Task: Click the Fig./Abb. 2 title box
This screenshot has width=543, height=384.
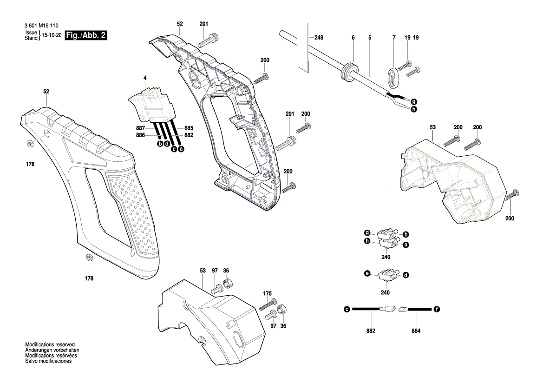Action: click(87, 35)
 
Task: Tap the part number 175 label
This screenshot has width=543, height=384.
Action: click(267, 293)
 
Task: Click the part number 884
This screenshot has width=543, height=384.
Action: click(416, 331)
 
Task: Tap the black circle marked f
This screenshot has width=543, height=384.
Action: click(437, 309)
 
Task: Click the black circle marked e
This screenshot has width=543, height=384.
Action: click(367, 274)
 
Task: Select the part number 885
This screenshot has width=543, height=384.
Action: click(189, 128)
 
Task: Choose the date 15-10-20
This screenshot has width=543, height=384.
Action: click(52, 35)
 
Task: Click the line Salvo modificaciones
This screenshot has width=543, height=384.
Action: click(48, 361)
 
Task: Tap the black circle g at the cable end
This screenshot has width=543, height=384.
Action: click(413, 102)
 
